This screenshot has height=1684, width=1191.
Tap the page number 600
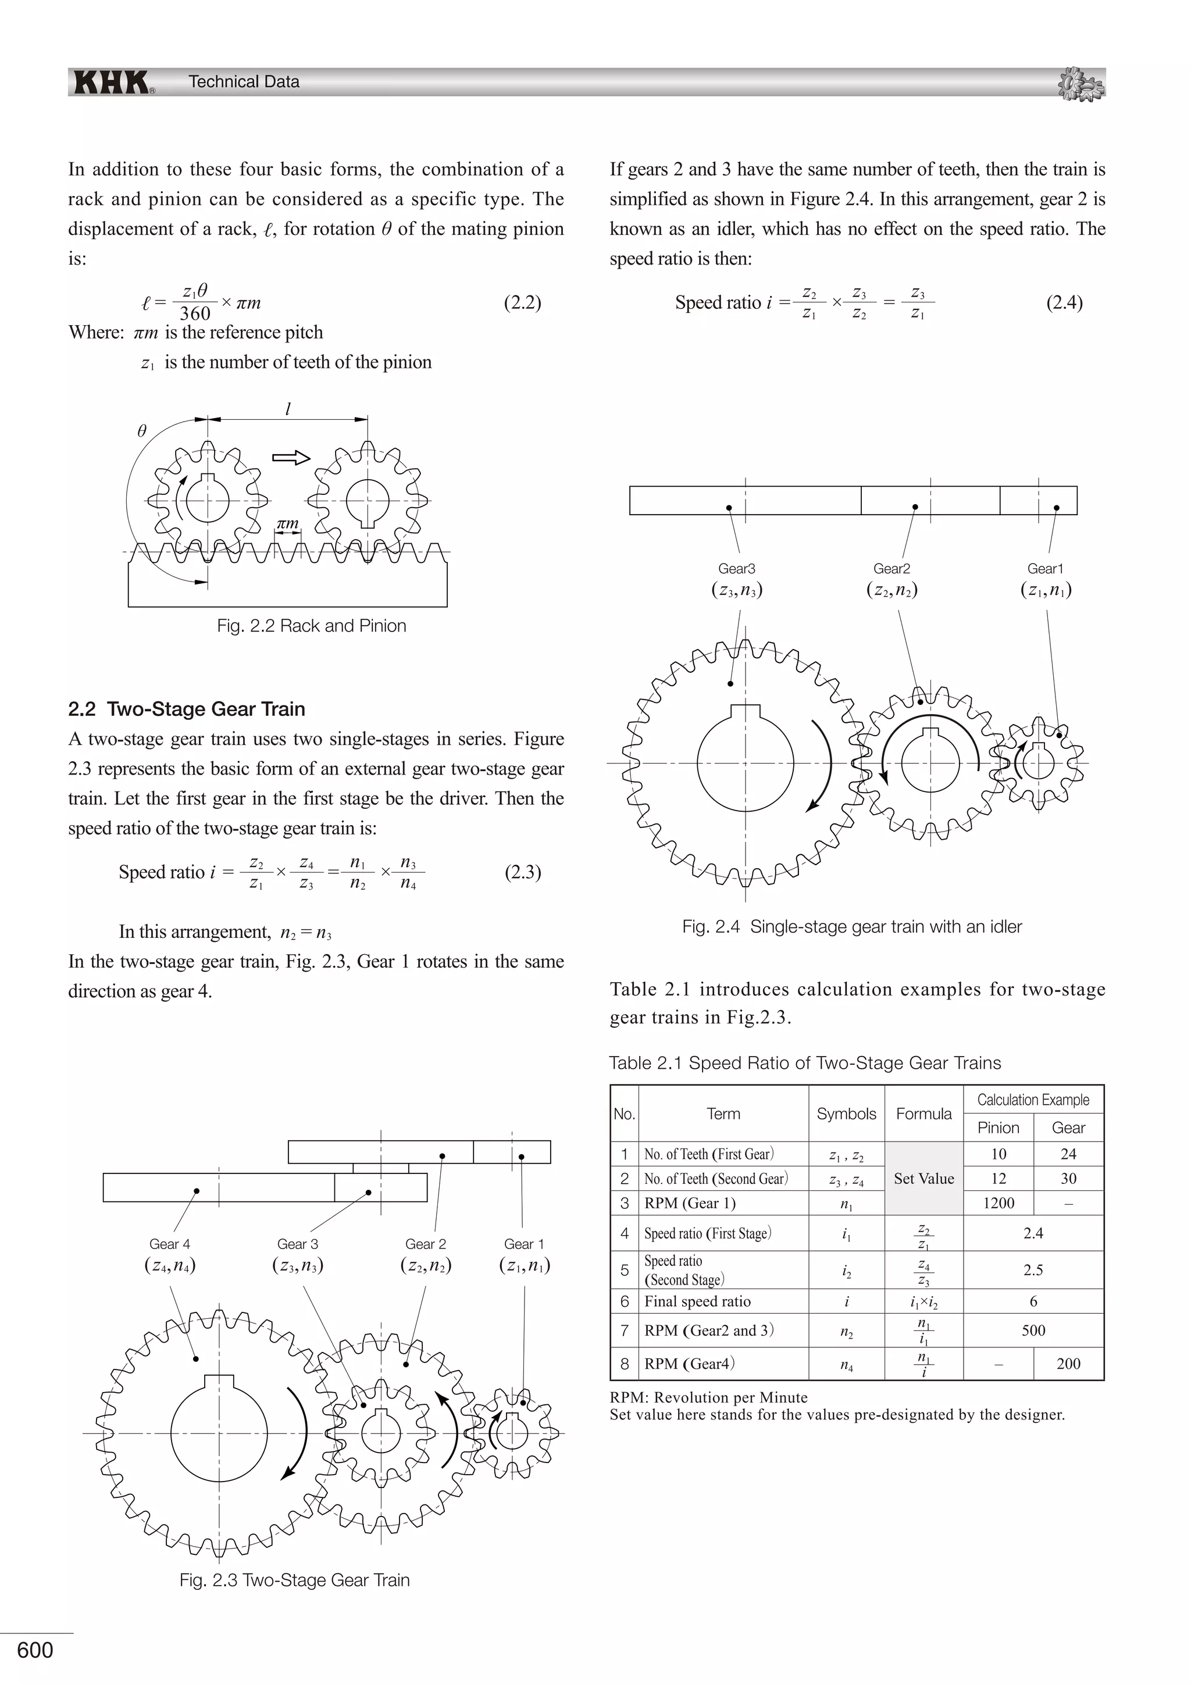[35, 1650]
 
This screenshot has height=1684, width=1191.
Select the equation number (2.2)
[522, 302]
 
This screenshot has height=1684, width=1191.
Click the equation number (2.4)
[1064, 302]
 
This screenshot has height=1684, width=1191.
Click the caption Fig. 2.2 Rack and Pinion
[311, 626]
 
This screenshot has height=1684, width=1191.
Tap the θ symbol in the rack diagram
[142, 431]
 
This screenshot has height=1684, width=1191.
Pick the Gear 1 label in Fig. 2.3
[523, 1244]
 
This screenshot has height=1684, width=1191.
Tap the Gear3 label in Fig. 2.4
[736, 569]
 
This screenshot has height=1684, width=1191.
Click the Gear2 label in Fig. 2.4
[891, 569]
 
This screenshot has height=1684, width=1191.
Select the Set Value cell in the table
[923, 1178]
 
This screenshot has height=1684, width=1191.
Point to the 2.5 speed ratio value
[1033, 1269]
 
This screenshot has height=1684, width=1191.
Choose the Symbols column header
[846, 1114]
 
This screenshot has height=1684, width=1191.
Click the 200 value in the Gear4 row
[1068, 1364]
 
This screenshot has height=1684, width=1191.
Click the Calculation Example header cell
[1033, 1100]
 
